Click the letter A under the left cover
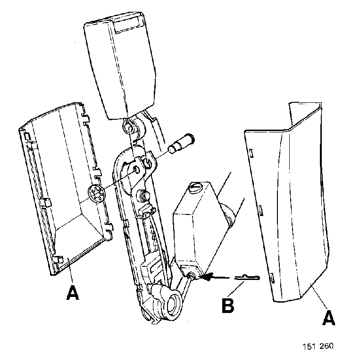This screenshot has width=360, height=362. coord(73,293)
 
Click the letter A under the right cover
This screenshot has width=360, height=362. coord(328,318)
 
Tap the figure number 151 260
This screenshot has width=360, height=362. coord(318,346)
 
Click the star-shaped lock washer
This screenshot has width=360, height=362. coord(96,193)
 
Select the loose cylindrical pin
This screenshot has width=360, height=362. coord(182,143)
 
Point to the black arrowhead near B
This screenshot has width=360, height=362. coord(207,276)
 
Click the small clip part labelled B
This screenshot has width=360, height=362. coord(247,278)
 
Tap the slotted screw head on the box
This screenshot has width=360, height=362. coord(195,187)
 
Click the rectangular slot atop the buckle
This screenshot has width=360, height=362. coord(129,25)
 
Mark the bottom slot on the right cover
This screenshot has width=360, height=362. coord(272,278)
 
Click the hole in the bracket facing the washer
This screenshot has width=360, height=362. coord(137,170)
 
